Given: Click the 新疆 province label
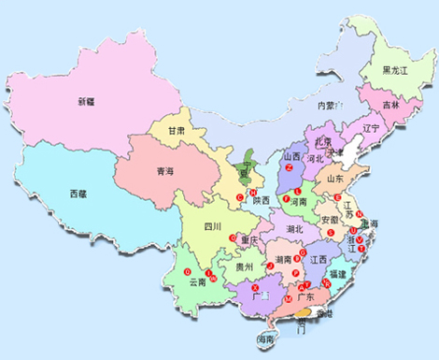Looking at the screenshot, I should point(87,100).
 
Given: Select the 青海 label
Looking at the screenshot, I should point(155,172).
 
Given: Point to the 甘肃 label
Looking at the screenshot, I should point(177,132).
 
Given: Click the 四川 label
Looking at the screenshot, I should point(213,226).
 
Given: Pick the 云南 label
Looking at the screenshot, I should point(197,281).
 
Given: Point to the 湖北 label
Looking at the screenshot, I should point(294,227).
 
